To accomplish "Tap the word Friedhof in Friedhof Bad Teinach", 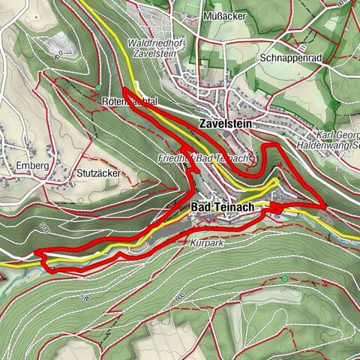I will pos(175,159).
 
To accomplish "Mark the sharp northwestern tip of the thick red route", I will pos(124,90).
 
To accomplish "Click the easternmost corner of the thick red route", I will pos(325,205).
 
